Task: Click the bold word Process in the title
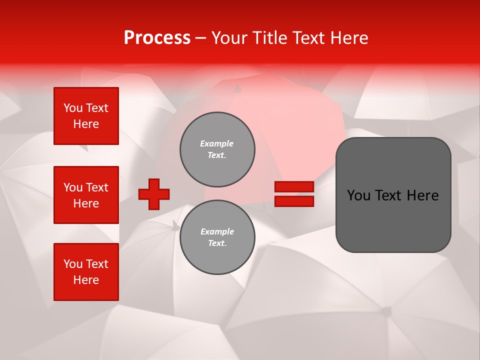pyautogui.click(x=157, y=38)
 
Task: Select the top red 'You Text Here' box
pyautogui.click(x=86, y=116)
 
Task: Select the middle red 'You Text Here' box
pyautogui.click(x=86, y=195)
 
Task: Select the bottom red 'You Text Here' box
pyautogui.click(x=86, y=271)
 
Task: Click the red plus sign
pyautogui.click(x=154, y=194)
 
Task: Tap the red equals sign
pyautogui.click(x=294, y=194)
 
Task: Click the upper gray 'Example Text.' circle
pyautogui.click(x=217, y=149)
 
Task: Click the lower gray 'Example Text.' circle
pyautogui.click(x=217, y=237)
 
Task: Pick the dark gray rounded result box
pyautogui.click(x=393, y=194)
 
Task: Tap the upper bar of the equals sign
pyautogui.click(x=294, y=186)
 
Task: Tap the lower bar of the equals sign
pyautogui.click(x=294, y=201)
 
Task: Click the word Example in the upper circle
pyautogui.click(x=217, y=143)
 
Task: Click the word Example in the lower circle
pyautogui.click(x=217, y=231)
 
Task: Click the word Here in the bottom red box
pyautogui.click(x=86, y=280)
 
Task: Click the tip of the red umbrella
pyautogui.click(x=237, y=89)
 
